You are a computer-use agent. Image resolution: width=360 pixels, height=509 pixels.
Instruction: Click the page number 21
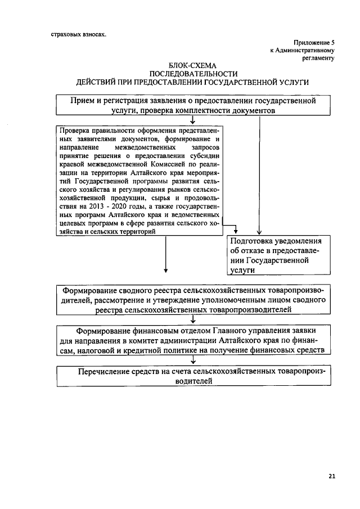pyautogui.click(x=332, y=476)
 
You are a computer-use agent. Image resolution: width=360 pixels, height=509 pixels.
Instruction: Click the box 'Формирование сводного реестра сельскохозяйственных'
pyautogui.click(x=192, y=300)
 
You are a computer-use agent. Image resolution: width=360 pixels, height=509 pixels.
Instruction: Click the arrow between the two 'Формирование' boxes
pyautogui.click(x=192, y=319)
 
